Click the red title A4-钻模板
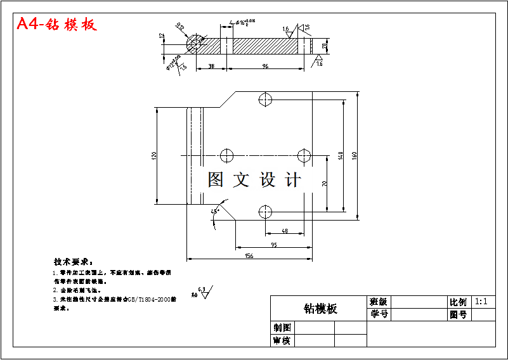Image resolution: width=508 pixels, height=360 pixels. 56,24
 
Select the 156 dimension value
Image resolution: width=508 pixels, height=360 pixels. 249,256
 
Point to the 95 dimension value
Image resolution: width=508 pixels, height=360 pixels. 273,244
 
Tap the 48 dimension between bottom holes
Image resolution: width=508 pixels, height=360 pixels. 284,231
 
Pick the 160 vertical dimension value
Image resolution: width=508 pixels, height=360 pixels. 356,156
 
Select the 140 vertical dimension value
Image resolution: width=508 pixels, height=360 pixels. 341,155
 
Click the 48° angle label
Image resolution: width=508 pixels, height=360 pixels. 216,210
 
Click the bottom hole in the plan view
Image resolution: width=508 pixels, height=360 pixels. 266,212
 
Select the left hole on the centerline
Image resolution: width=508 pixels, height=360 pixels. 226,155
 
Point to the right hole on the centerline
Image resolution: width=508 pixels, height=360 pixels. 305,155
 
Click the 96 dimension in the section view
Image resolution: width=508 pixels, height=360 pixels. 265,65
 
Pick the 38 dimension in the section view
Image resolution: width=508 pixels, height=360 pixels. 211,65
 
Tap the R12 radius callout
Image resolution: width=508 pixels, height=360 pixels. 179,27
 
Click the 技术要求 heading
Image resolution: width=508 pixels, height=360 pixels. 73,262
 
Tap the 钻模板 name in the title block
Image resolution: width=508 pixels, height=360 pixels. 320,309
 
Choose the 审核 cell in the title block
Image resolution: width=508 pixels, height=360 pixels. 282,341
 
